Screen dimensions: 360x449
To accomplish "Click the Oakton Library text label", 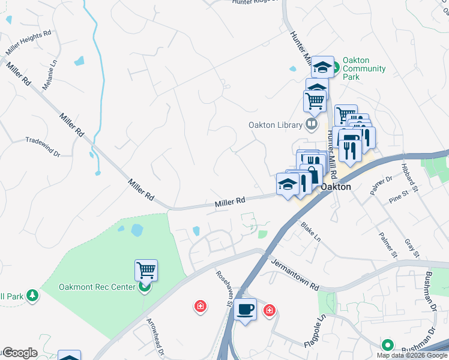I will pyautogui.click(x=274, y=125).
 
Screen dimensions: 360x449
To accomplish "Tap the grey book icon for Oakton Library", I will pyautogui.click(x=311, y=125).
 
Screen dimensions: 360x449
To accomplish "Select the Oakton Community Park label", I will pyautogui.click(x=364, y=69).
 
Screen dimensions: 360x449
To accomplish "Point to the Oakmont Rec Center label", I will pyautogui.click(x=97, y=287).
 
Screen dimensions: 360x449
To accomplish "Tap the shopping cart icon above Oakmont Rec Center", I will pyautogui.click(x=146, y=271).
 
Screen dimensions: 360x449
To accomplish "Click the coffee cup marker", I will pyautogui.click(x=245, y=310).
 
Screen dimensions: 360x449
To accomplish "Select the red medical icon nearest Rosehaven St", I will pyautogui.click(x=200, y=307).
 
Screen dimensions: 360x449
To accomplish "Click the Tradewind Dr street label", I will pyautogui.click(x=43, y=147).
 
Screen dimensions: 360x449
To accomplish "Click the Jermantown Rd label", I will pyautogui.click(x=294, y=274).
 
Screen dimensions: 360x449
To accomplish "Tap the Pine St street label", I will pyautogui.click(x=398, y=197).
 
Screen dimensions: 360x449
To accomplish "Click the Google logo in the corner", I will pyautogui.click(x=20, y=353).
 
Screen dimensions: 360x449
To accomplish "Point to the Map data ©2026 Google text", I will pyautogui.click(x=412, y=355).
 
